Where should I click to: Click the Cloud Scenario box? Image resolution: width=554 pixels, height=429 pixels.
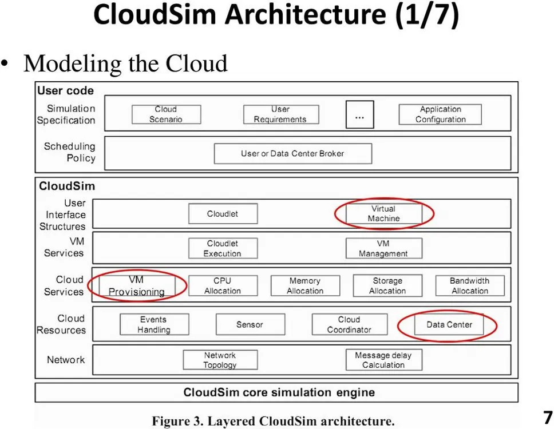pos(166,114)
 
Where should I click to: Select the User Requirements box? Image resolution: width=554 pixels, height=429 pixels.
pos(280,114)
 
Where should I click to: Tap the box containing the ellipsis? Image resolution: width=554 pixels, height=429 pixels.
pos(359,114)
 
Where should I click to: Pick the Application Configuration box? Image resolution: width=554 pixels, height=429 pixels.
pos(440,114)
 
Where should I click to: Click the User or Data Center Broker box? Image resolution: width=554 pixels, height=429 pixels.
pos(292,153)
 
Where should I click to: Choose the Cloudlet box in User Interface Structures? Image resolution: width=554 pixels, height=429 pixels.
pos(223,214)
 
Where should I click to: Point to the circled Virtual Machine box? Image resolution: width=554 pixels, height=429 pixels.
pos(383,214)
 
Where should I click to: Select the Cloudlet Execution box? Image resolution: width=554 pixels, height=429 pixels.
pos(223,249)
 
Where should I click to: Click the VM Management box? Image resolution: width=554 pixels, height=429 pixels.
pos(383,249)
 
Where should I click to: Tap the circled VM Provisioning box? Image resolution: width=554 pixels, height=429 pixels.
pos(137,286)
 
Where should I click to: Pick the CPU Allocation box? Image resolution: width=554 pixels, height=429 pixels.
pos(223,286)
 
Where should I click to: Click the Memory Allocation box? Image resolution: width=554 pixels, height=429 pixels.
pos(304,286)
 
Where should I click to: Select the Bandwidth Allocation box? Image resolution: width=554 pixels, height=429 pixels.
pos(469,286)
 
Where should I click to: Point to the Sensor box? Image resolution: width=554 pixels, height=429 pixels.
pos(250,325)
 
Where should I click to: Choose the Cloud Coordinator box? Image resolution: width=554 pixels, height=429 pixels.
pos(349,325)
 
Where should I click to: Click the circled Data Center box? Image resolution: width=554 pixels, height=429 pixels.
pos(449,325)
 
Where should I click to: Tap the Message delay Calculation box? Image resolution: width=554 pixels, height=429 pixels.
pos(383,360)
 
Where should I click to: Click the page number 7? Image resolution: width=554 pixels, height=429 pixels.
pos(547,416)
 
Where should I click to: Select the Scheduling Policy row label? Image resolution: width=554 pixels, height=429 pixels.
pos(69,152)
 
